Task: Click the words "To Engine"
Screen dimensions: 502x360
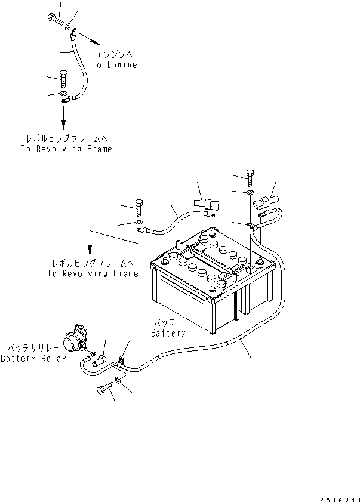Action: pos(115,64)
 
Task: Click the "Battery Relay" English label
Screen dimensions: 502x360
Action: pos(33,358)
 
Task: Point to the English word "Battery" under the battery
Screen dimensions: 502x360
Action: pos(168,332)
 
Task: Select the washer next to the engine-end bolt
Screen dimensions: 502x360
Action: pos(70,27)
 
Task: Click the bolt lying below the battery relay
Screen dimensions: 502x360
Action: pos(103,390)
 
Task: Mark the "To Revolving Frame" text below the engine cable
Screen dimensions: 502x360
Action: pos(66,149)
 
